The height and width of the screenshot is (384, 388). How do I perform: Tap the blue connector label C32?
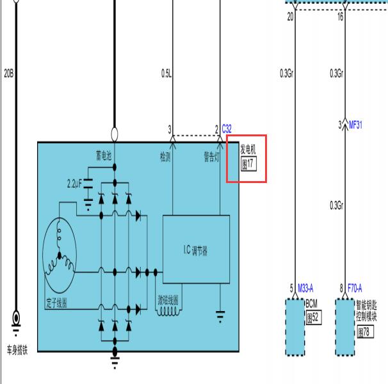pos(227,129)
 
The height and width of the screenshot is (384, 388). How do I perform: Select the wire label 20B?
pos(9,73)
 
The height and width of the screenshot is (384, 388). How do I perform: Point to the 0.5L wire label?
pos(166,73)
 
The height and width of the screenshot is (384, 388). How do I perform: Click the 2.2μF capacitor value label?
pos(74,184)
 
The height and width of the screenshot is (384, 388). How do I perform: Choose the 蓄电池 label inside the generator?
pos(104,156)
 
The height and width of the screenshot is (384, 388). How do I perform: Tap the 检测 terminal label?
pos(165,157)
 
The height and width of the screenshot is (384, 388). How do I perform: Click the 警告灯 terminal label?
pos(211,157)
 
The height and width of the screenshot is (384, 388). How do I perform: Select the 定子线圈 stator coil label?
pos(57,303)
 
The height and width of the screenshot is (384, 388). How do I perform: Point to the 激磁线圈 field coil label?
pos(168,300)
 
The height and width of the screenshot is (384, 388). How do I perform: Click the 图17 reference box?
pos(248,164)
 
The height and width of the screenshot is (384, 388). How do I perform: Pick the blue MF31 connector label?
pos(355,125)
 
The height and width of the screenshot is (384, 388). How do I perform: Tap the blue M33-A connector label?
pos(305,288)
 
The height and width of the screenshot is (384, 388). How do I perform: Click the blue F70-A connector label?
pos(355,288)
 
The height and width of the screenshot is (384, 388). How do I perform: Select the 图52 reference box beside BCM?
pos(314,317)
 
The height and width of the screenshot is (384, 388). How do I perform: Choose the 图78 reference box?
pos(366,332)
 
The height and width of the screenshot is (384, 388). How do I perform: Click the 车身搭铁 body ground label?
pos(17,350)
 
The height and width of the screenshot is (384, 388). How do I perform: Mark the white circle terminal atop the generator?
pos(115,134)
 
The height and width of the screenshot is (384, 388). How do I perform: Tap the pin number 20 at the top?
pos(290,17)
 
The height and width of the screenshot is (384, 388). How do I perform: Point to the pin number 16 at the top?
pos(340,17)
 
